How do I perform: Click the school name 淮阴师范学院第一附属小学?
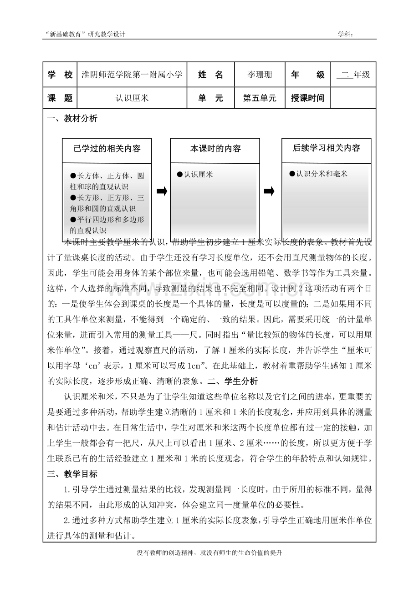(132, 75)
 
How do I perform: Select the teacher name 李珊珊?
(260, 75)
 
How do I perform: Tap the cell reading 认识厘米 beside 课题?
(132, 98)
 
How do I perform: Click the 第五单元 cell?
(260, 98)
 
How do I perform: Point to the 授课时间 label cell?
(307, 98)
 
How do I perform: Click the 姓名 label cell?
(211, 75)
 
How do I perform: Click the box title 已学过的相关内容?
(107, 149)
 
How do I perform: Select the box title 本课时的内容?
(215, 149)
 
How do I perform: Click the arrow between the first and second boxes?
(162, 191)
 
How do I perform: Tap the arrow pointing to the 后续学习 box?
(269, 191)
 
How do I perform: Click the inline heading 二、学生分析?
(232, 381)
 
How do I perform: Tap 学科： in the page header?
(346, 34)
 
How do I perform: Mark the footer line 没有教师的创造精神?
(209, 553)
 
